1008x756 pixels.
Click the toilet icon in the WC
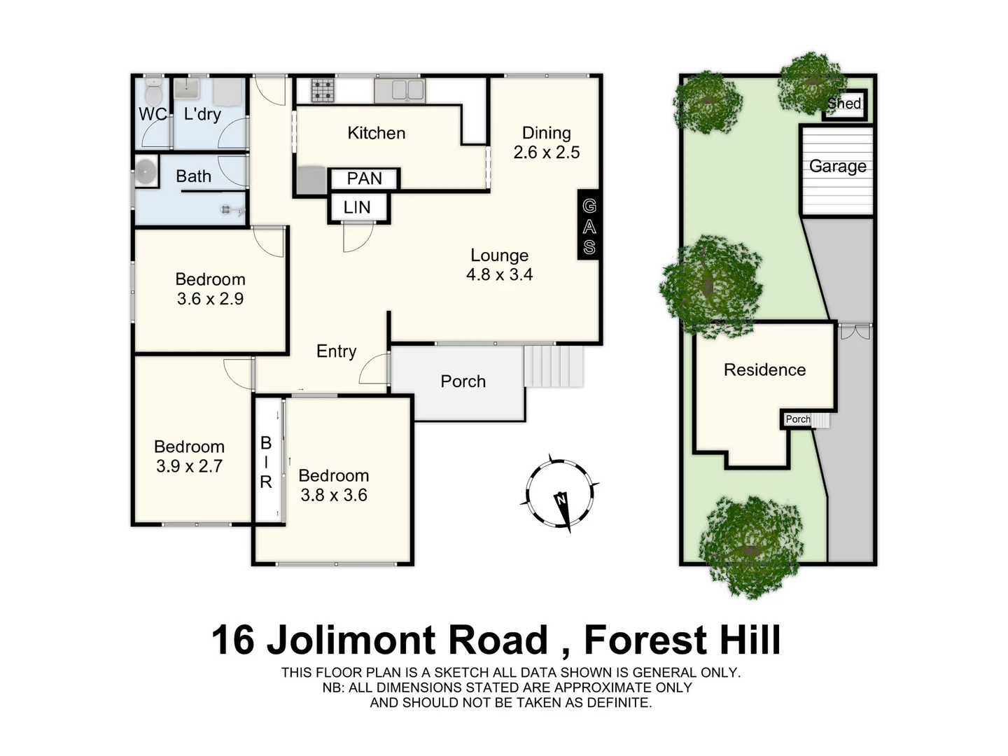(153, 91)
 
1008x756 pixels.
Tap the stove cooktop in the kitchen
(323, 90)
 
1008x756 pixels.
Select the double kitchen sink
(399, 90)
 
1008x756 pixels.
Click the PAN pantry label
(364, 178)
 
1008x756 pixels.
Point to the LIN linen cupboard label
(357, 207)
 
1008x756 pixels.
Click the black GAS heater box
(589, 225)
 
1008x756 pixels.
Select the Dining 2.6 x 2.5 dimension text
(546, 152)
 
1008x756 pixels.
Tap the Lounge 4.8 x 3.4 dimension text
(499, 274)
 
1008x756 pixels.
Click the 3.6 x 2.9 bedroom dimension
(210, 299)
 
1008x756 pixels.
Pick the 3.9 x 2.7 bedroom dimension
(189, 466)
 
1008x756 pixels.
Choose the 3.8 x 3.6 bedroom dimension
(334, 495)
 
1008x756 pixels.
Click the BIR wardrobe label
(266, 462)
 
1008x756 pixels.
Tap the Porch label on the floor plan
(463, 381)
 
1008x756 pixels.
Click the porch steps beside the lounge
(554, 366)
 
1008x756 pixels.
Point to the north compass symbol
(560, 492)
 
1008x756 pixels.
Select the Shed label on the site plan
(844, 104)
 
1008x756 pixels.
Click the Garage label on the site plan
(837, 166)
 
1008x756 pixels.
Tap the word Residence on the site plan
(764, 370)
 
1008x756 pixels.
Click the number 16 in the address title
(233, 640)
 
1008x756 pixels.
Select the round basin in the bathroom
(146, 171)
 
